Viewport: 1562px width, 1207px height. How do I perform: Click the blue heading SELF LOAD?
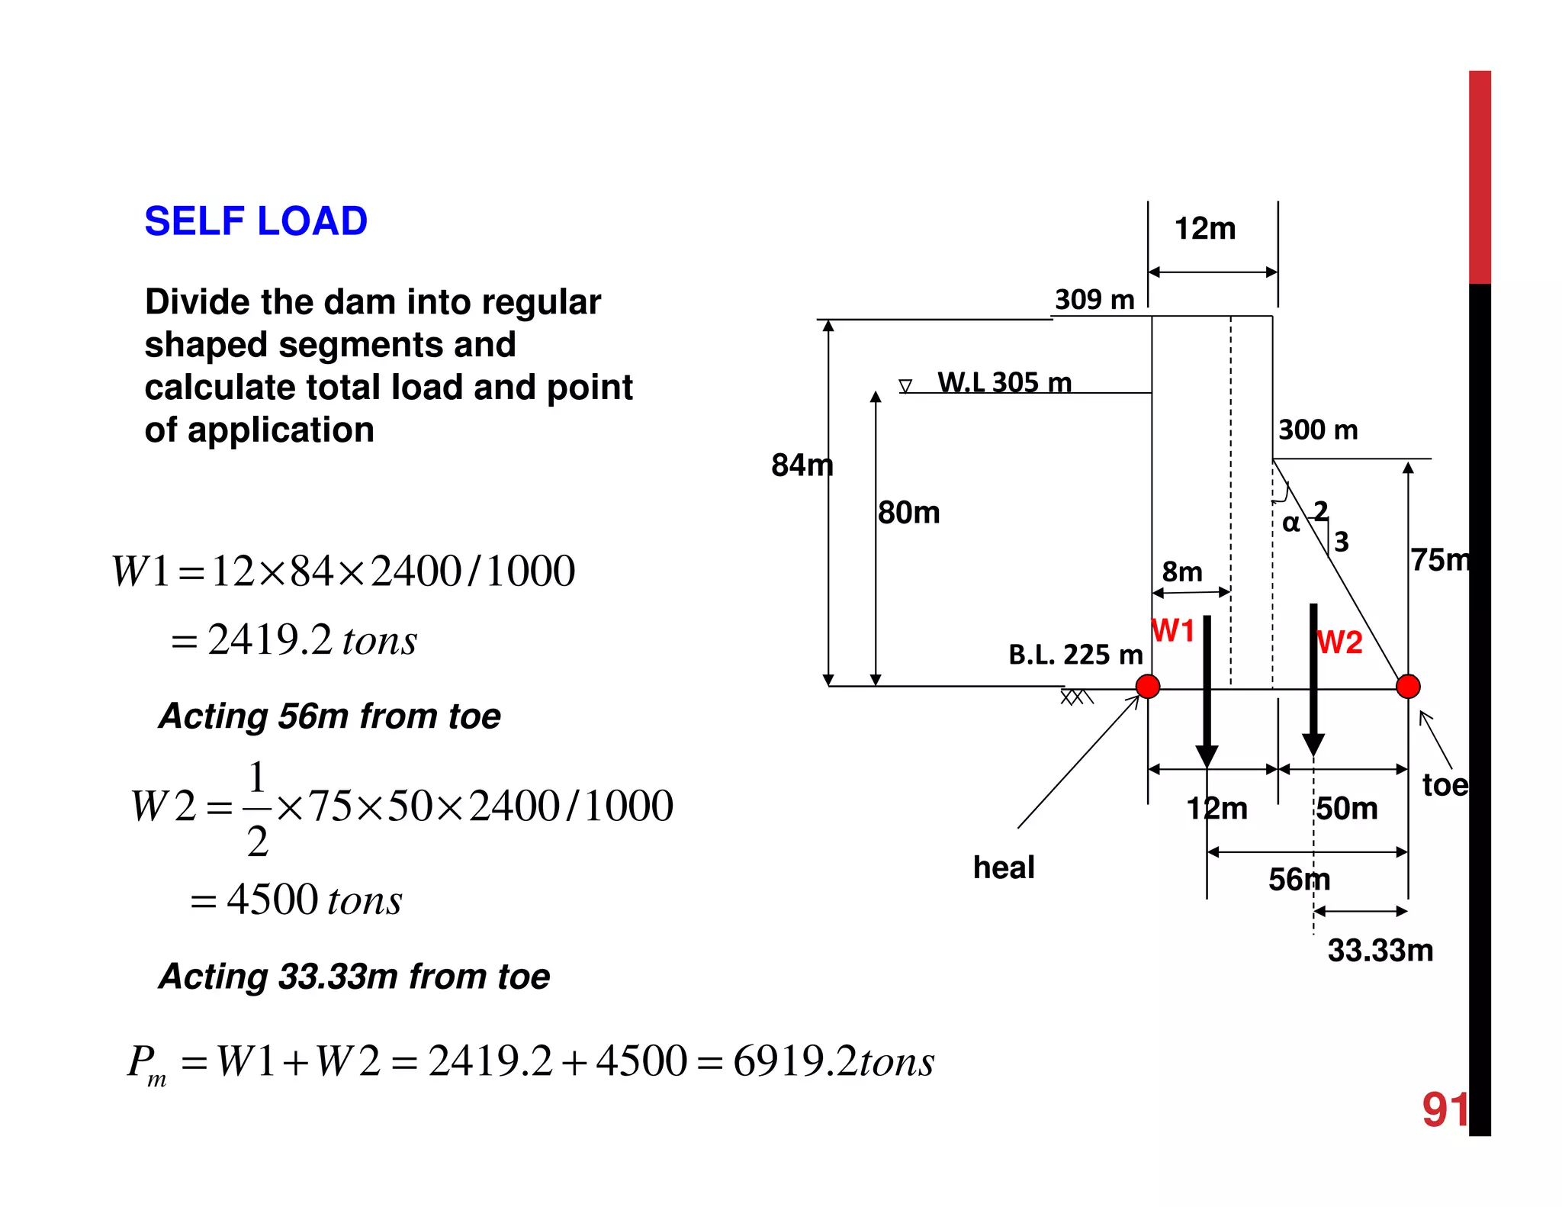[x=256, y=221]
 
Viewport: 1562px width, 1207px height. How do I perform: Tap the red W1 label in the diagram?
[x=1173, y=631]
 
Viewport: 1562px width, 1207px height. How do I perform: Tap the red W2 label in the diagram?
[x=1340, y=642]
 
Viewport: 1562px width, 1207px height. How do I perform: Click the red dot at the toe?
[x=1408, y=687]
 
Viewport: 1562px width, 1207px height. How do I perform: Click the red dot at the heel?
[x=1148, y=687]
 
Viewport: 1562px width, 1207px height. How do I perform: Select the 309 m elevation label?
[x=1094, y=300]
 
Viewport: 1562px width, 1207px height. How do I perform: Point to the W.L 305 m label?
[x=1004, y=382]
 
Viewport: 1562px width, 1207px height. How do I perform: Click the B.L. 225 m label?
[x=1075, y=655]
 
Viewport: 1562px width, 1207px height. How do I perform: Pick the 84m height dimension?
[x=802, y=465]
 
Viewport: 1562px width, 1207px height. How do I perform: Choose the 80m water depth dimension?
[x=908, y=513]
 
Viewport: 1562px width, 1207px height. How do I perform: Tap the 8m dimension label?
[x=1181, y=571]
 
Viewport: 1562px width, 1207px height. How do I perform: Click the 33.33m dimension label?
[x=1380, y=951]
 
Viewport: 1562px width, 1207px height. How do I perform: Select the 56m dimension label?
[x=1299, y=880]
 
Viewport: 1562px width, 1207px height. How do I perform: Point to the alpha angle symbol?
[x=1290, y=523]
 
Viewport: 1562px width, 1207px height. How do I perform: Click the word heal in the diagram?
[x=1004, y=867]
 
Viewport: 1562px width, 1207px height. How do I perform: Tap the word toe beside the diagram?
[x=1445, y=785]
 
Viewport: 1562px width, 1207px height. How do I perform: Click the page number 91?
[x=1445, y=1109]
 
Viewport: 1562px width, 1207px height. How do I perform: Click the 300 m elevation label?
[x=1318, y=430]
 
